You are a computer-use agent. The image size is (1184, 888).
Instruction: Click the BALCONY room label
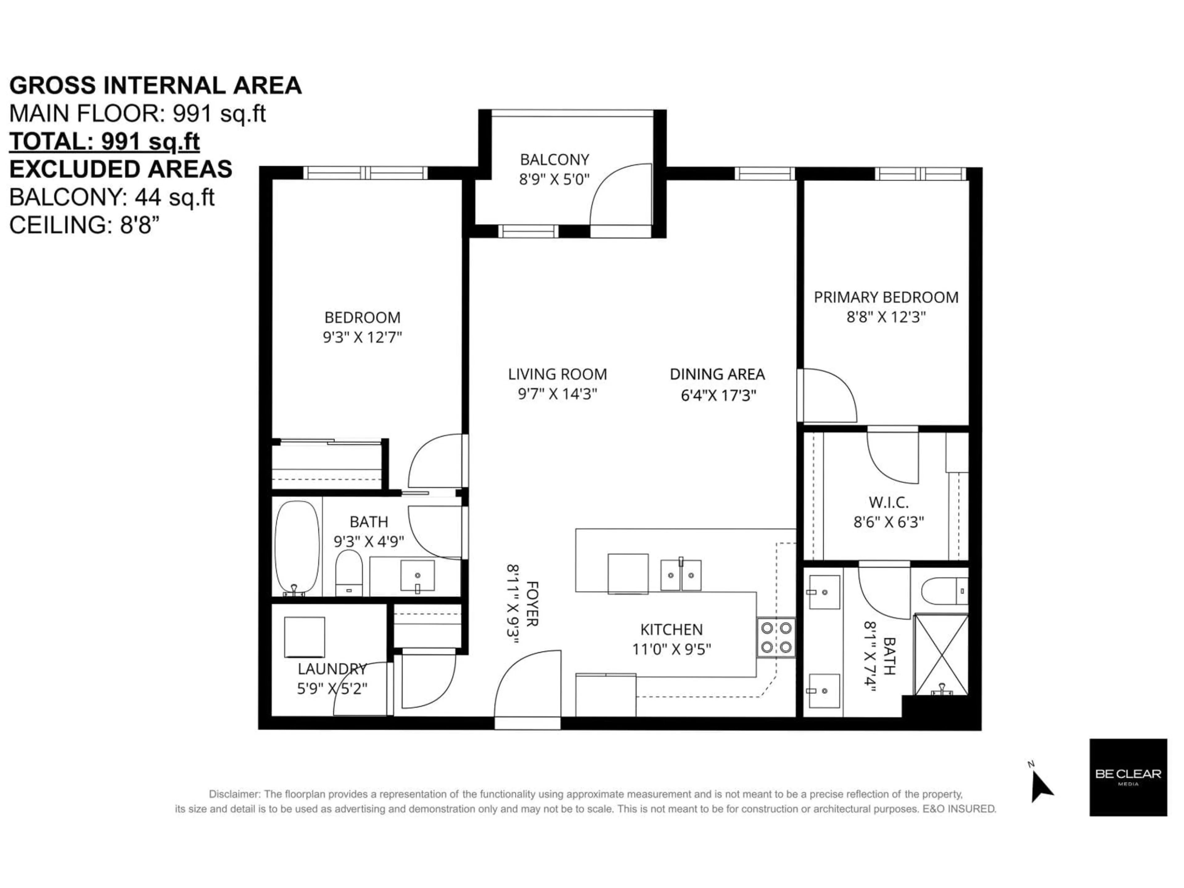click(x=554, y=159)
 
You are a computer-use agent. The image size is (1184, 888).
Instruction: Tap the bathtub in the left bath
click(x=297, y=547)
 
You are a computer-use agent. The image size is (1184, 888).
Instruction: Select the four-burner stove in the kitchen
click(x=775, y=638)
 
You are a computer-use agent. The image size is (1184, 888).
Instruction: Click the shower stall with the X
click(x=940, y=655)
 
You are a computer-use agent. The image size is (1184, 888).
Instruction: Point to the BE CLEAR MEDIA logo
click(x=1128, y=777)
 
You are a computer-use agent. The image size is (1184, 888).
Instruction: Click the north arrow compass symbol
click(x=1041, y=785)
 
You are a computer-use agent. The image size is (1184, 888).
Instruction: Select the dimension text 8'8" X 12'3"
click(x=886, y=317)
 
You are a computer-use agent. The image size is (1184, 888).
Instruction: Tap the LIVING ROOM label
click(x=557, y=374)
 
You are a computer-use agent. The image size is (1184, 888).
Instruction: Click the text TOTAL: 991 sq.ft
click(x=105, y=141)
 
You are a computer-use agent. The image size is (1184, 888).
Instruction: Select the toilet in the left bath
click(x=349, y=573)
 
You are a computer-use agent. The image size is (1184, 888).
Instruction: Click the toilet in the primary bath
click(x=944, y=591)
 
